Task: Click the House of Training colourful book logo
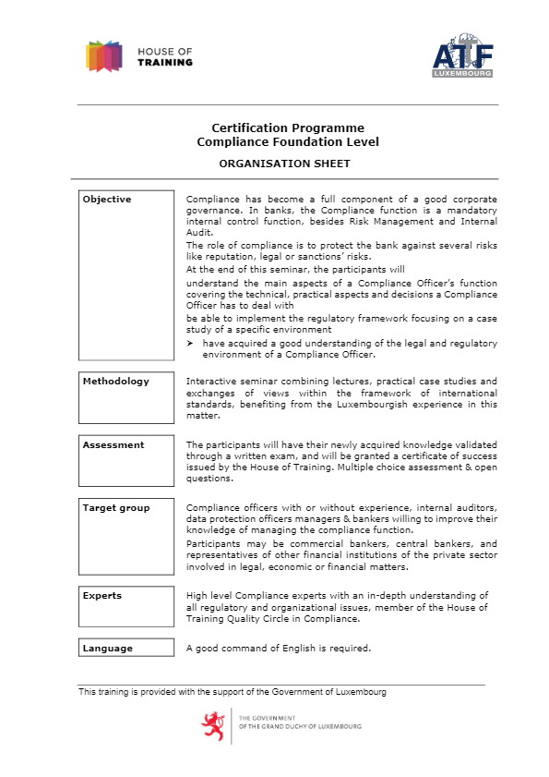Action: [x=103, y=56]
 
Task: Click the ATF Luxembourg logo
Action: [x=463, y=56]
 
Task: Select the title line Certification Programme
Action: [x=287, y=128]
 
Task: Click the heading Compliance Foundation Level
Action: [x=287, y=142]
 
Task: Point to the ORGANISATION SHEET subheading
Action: [x=284, y=164]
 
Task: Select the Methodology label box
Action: [x=125, y=393]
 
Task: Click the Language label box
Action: [x=125, y=648]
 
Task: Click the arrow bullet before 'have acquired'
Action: [x=190, y=344]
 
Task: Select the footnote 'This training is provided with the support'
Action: [x=233, y=692]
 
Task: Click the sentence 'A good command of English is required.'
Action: [x=279, y=648]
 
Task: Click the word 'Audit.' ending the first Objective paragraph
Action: [x=200, y=233]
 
